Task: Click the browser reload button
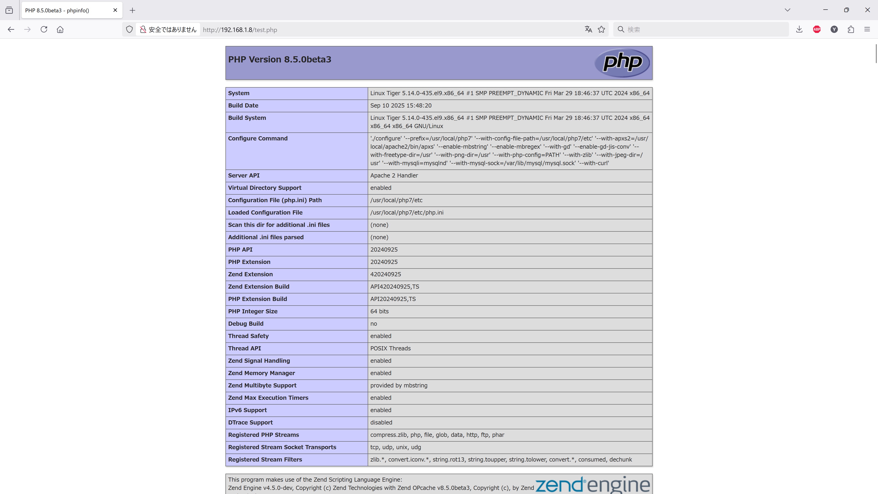coord(44,29)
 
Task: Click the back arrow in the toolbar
coord(11,29)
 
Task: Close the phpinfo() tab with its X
coord(115,10)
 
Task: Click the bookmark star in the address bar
coord(602,29)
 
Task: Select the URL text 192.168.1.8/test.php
coord(240,30)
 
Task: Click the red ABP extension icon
coord(817,29)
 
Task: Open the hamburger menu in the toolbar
coord(867,29)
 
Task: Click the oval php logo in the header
coord(622,63)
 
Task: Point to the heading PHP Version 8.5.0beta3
coord(279,59)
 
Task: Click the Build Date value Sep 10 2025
coord(401,106)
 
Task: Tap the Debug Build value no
coord(374,324)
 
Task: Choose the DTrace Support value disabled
coord(381,423)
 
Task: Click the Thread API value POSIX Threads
coord(391,348)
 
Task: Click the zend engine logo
coord(592,485)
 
